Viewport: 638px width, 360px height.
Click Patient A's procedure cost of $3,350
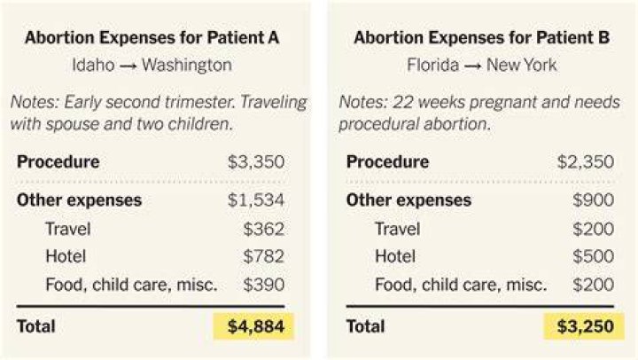[x=256, y=161]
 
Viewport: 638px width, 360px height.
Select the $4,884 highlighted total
[x=256, y=326]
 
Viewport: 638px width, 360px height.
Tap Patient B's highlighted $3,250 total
[x=585, y=326]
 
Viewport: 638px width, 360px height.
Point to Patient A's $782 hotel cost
[x=264, y=256]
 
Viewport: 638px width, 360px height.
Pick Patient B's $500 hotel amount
[x=593, y=256]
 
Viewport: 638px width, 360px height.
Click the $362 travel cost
[x=264, y=229]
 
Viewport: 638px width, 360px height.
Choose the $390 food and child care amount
[x=264, y=285]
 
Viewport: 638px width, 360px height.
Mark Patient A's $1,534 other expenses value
[x=256, y=200]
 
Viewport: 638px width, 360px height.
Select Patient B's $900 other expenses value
[x=593, y=200]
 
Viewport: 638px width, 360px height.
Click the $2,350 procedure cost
[x=585, y=161]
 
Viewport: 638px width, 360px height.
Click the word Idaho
[x=93, y=65]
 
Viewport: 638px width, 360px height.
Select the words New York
[x=522, y=65]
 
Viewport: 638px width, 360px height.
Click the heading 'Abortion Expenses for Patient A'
[x=152, y=37]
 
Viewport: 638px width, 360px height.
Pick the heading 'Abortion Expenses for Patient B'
[x=482, y=37]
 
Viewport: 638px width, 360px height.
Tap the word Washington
[x=187, y=65]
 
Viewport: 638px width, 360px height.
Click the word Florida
[x=433, y=65]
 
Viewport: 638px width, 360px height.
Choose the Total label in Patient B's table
[x=365, y=326]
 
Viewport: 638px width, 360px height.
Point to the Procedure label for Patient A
[x=58, y=161]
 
